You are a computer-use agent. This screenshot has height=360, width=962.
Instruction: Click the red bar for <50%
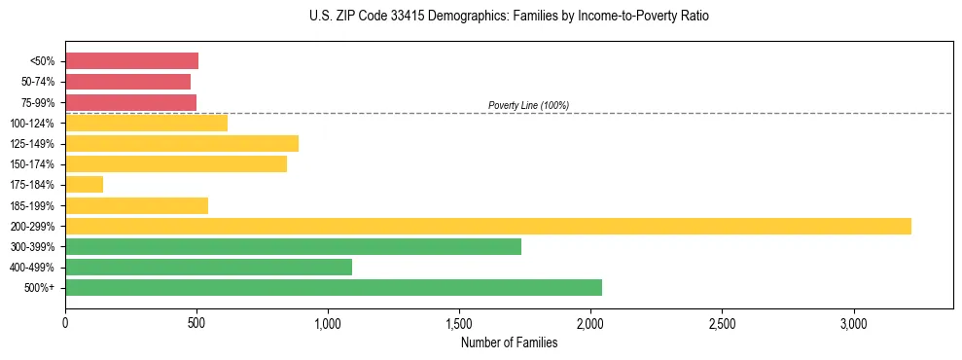131,61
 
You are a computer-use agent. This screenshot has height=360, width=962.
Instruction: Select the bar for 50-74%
127,82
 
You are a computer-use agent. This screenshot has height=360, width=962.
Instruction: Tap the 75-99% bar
130,102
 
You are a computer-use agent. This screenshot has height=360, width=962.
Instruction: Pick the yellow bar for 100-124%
146,123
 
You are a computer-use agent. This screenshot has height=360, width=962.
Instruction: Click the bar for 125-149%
182,143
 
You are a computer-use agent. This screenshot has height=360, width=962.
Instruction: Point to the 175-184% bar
84,184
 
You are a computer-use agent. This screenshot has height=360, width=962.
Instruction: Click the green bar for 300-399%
293,246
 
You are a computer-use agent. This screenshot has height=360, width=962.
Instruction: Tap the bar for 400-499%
208,267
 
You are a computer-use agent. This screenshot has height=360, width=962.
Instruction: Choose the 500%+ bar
334,287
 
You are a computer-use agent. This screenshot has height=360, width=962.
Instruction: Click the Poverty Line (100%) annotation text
528,105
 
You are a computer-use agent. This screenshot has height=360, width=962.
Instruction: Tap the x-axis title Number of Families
509,342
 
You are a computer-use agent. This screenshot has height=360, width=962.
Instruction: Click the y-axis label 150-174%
32,164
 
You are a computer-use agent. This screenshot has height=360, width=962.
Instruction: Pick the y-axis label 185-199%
32,205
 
